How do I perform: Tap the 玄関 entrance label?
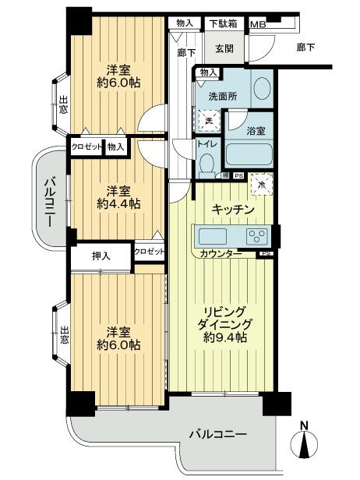224,48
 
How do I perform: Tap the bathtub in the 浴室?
249,154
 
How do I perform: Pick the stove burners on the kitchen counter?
257,235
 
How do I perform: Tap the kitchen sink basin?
213,235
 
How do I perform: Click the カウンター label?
221,254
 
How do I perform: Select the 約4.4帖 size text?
118,203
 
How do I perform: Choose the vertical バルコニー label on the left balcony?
48,200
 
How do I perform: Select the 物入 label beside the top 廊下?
185,23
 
